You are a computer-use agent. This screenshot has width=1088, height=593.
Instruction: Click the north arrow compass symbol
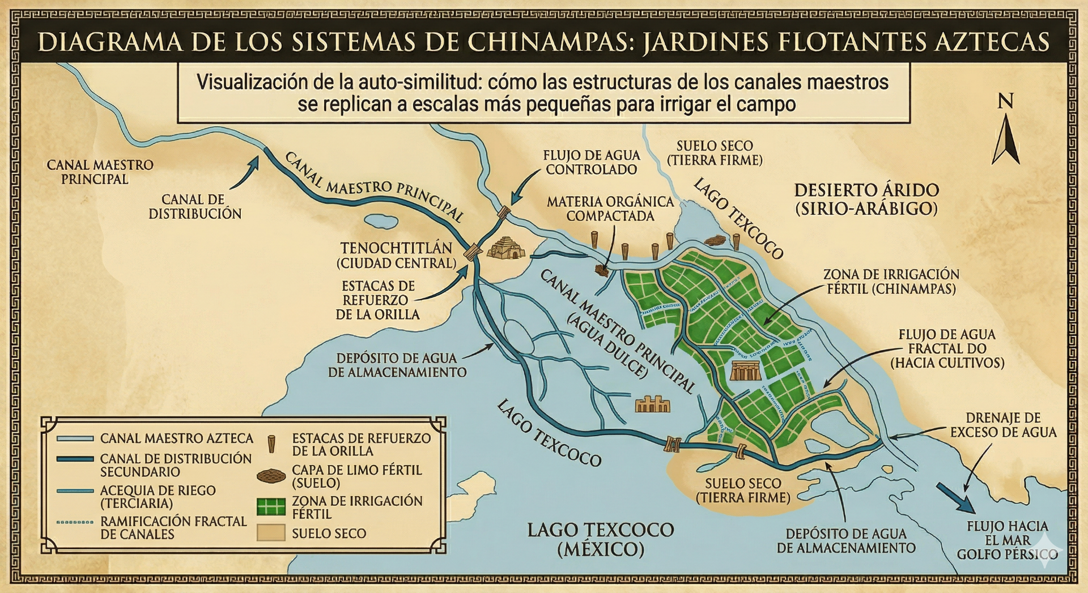pos(1005,139)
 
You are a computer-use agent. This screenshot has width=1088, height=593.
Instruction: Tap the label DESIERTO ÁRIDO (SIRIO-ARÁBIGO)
pos(866,199)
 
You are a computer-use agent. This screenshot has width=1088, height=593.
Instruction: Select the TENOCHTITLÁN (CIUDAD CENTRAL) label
pos(396,255)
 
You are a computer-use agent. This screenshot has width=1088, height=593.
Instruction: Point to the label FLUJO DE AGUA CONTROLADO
pos(591,162)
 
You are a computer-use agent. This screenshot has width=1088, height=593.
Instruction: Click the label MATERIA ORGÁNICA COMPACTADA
pos(610,208)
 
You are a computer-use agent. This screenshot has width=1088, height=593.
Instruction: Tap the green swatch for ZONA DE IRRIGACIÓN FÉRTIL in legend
pos(271,507)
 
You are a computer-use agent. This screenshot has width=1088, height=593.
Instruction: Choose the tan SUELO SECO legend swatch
pos(271,533)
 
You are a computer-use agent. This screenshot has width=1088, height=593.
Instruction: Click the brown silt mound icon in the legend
pos(271,476)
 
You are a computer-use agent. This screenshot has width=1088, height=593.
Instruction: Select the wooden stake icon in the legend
pos(271,444)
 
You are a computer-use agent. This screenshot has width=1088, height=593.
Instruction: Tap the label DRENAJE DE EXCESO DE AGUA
pos(1003,425)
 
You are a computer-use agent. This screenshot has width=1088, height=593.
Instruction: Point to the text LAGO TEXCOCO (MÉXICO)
pos(600,539)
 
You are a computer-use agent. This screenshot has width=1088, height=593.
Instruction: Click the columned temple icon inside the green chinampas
pos(745,371)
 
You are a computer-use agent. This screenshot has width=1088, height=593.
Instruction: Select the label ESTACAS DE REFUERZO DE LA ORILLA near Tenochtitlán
pos(377,300)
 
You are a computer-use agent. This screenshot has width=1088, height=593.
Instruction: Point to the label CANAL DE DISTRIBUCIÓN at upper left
pos(194,207)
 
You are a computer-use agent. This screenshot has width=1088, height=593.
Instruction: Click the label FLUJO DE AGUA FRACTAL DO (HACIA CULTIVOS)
pos(947,348)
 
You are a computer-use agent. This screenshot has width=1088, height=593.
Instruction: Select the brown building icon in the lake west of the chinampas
pos(652,404)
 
